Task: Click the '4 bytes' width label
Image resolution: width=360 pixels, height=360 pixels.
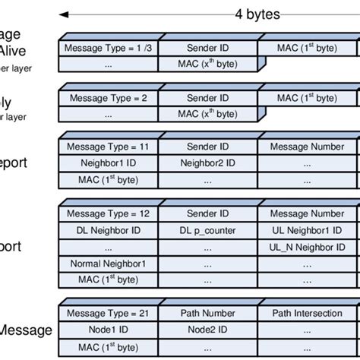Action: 257,14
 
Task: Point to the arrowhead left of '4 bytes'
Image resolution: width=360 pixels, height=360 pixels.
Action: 64,14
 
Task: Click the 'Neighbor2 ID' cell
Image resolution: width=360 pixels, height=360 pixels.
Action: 207,163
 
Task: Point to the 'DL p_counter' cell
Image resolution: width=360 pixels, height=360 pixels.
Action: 207,230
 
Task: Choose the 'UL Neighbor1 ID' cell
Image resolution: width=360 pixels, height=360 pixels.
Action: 307,230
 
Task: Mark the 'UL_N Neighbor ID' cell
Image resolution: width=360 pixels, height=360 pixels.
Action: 307,247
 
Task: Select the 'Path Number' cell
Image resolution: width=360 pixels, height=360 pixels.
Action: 207,313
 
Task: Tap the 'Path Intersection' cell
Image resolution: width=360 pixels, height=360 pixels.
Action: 307,313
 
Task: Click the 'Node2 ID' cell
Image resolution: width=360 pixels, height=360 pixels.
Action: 207,330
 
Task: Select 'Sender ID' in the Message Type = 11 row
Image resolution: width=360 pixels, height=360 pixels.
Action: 207,147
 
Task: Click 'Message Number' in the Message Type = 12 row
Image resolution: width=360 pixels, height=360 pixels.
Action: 307,214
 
